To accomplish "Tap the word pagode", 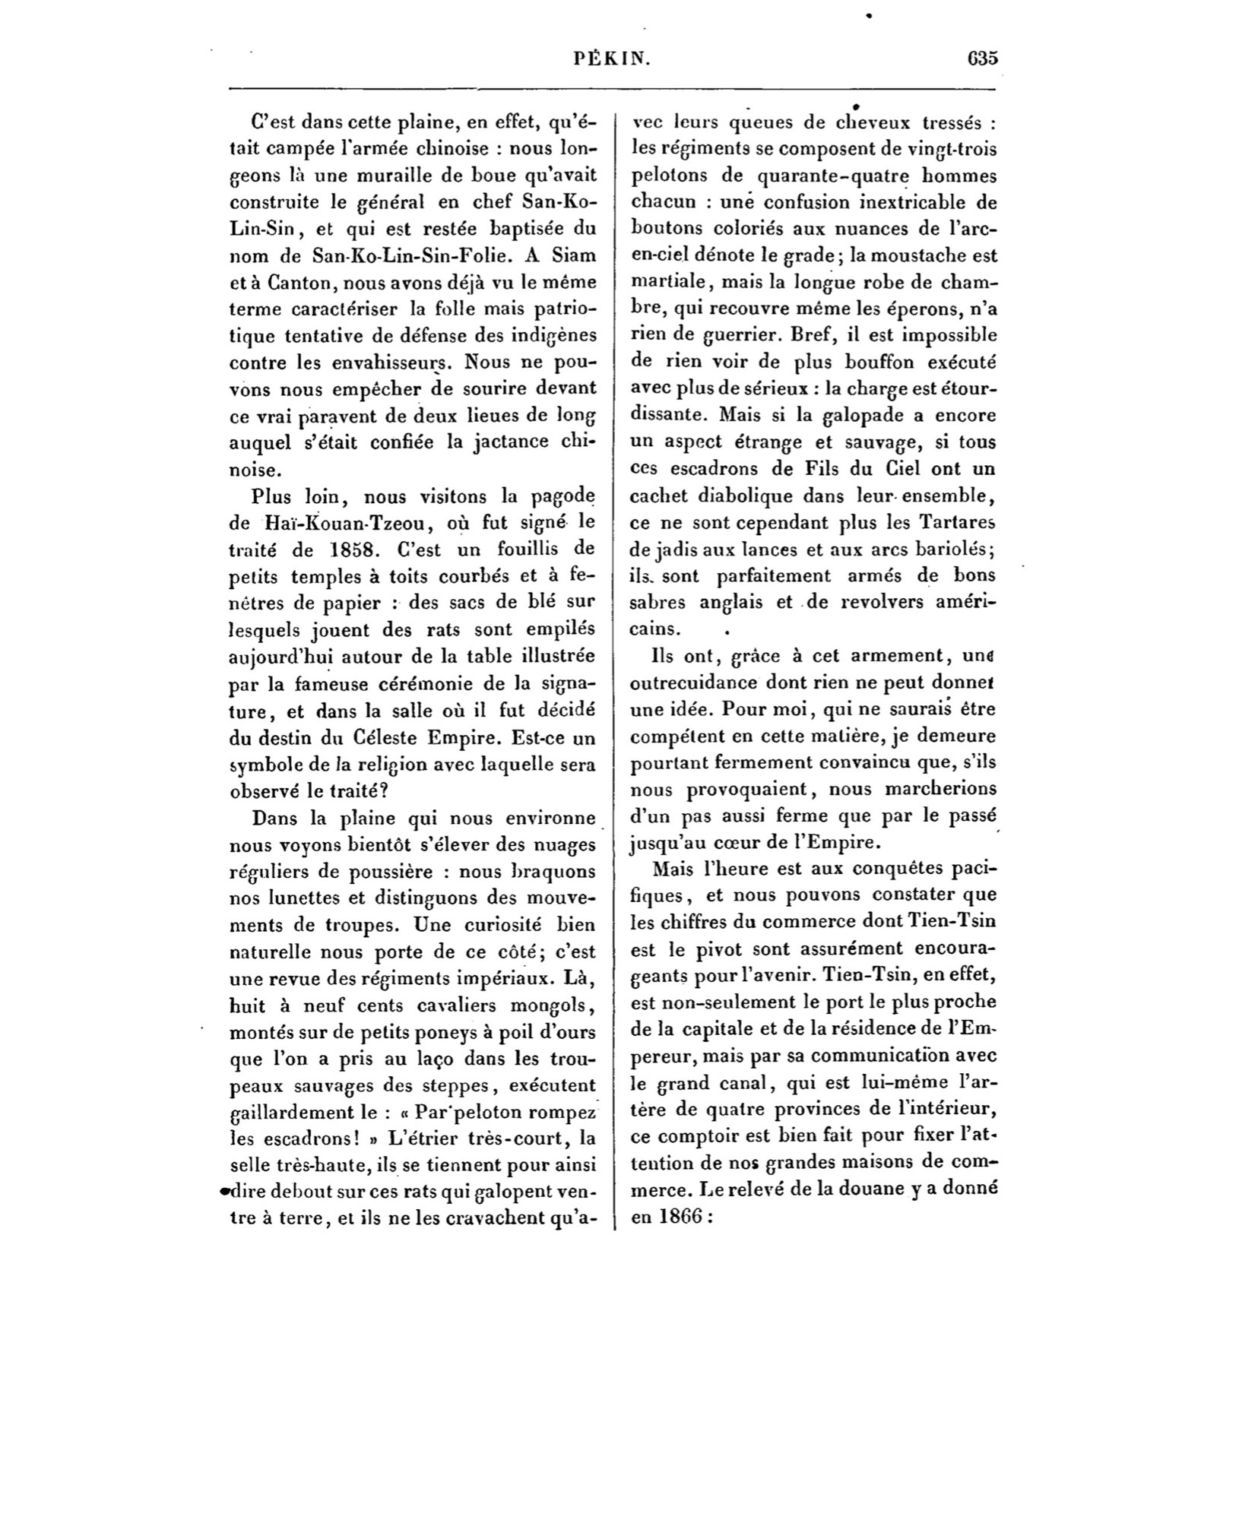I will [x=561, y=496].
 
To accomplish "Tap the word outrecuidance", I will [x=693, y=682].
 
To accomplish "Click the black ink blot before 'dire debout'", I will [x=223, y=1191].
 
